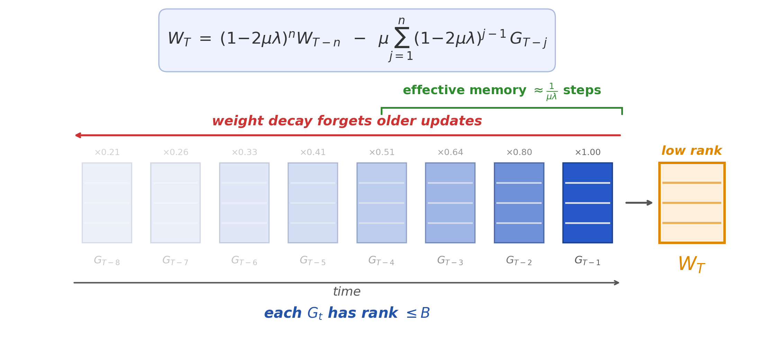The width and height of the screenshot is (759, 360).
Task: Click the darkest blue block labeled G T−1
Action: coord(587,202)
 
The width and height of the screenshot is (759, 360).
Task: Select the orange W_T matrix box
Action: coord(692,202)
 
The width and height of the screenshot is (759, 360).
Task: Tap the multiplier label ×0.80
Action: coord(519,152)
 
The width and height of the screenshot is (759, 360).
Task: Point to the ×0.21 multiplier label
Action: coord(107,152)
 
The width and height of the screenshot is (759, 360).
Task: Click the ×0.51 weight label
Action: coord(381,152)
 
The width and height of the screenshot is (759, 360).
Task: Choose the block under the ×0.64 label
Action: coord(450,202)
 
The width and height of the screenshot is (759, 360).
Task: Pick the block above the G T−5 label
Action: coord(313,202)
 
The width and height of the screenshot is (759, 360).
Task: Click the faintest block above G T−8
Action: coord(107,202)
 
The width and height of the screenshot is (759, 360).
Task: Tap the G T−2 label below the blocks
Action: coord(519,261)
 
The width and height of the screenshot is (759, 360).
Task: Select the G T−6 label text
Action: coord(244,261)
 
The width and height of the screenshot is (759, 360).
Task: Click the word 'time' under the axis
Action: coord(346,292)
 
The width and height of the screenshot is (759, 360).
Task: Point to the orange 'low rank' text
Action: coord(692,151)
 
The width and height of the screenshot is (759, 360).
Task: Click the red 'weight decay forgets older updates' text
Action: coord(347,121)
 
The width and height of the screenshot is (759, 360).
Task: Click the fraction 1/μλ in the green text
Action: coord(552,91)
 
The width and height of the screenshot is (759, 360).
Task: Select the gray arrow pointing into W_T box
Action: coord(639,202)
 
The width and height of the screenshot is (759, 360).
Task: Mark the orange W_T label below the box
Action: coord(691,264)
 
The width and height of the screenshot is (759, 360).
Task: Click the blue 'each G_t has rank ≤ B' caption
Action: coord(347,313)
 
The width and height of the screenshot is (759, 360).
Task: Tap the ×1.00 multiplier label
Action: coord(587,152)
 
